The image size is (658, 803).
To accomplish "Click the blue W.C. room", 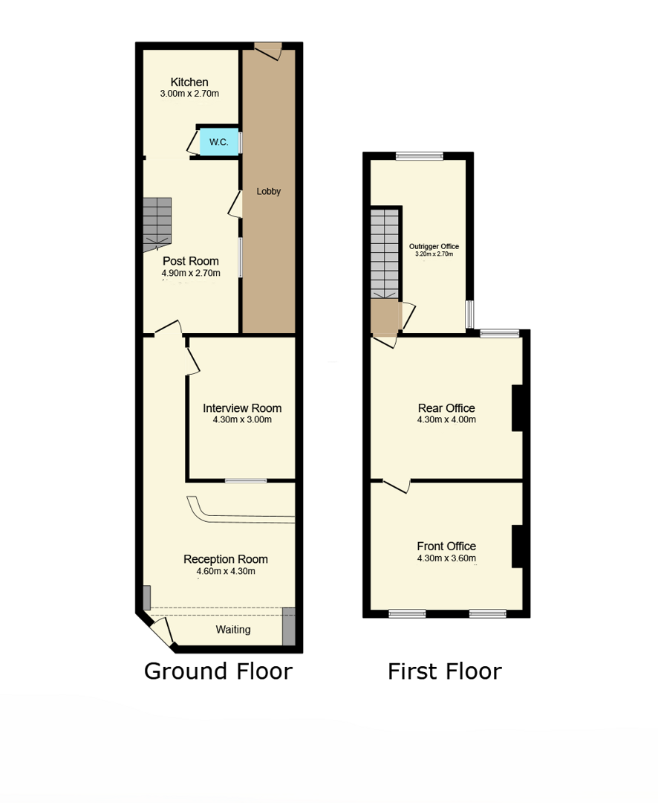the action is (x=219, y=142).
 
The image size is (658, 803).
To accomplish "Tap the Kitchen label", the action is (x=189, y=82).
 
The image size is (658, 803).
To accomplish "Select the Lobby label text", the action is (x=269, y=192).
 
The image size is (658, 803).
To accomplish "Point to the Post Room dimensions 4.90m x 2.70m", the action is (x=191, y=274).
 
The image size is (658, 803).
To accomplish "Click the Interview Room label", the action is (x=242, y=408).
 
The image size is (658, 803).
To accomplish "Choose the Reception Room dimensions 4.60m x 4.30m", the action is (x=226, y=572).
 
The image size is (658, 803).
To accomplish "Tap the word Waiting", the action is (x=233, y=630).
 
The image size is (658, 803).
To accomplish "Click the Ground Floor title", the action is (x=218, y=671).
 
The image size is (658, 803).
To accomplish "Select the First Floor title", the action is (x=445, y=671).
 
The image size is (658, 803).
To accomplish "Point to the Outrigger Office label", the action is (x=434, y=246).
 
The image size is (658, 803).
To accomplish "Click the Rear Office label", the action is (x=446, y=408).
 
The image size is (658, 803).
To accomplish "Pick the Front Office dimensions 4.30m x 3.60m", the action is (x=446, y=558).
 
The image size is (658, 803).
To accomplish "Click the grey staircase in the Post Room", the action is (x=157, y=225).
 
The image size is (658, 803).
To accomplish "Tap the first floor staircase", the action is (x=384, y=254).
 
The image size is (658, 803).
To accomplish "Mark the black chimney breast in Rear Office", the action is (x=518, y=408).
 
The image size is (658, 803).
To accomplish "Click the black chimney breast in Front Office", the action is (x=518, y=546).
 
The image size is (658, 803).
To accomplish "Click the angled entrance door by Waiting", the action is (x=161, y=632).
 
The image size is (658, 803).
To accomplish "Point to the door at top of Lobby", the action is (x=268, y=51).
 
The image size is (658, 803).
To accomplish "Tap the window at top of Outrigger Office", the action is (x=420, y=155).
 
